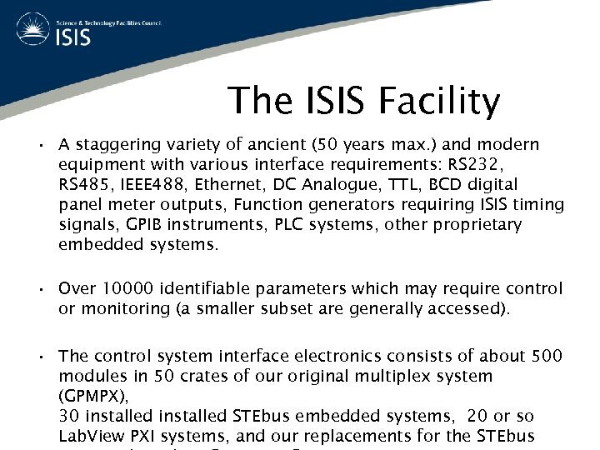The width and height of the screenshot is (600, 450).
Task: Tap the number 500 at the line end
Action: tap(547, 357)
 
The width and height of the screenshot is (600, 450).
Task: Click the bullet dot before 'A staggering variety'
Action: tap(40, 146)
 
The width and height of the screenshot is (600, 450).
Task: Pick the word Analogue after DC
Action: tap(355, 185)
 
